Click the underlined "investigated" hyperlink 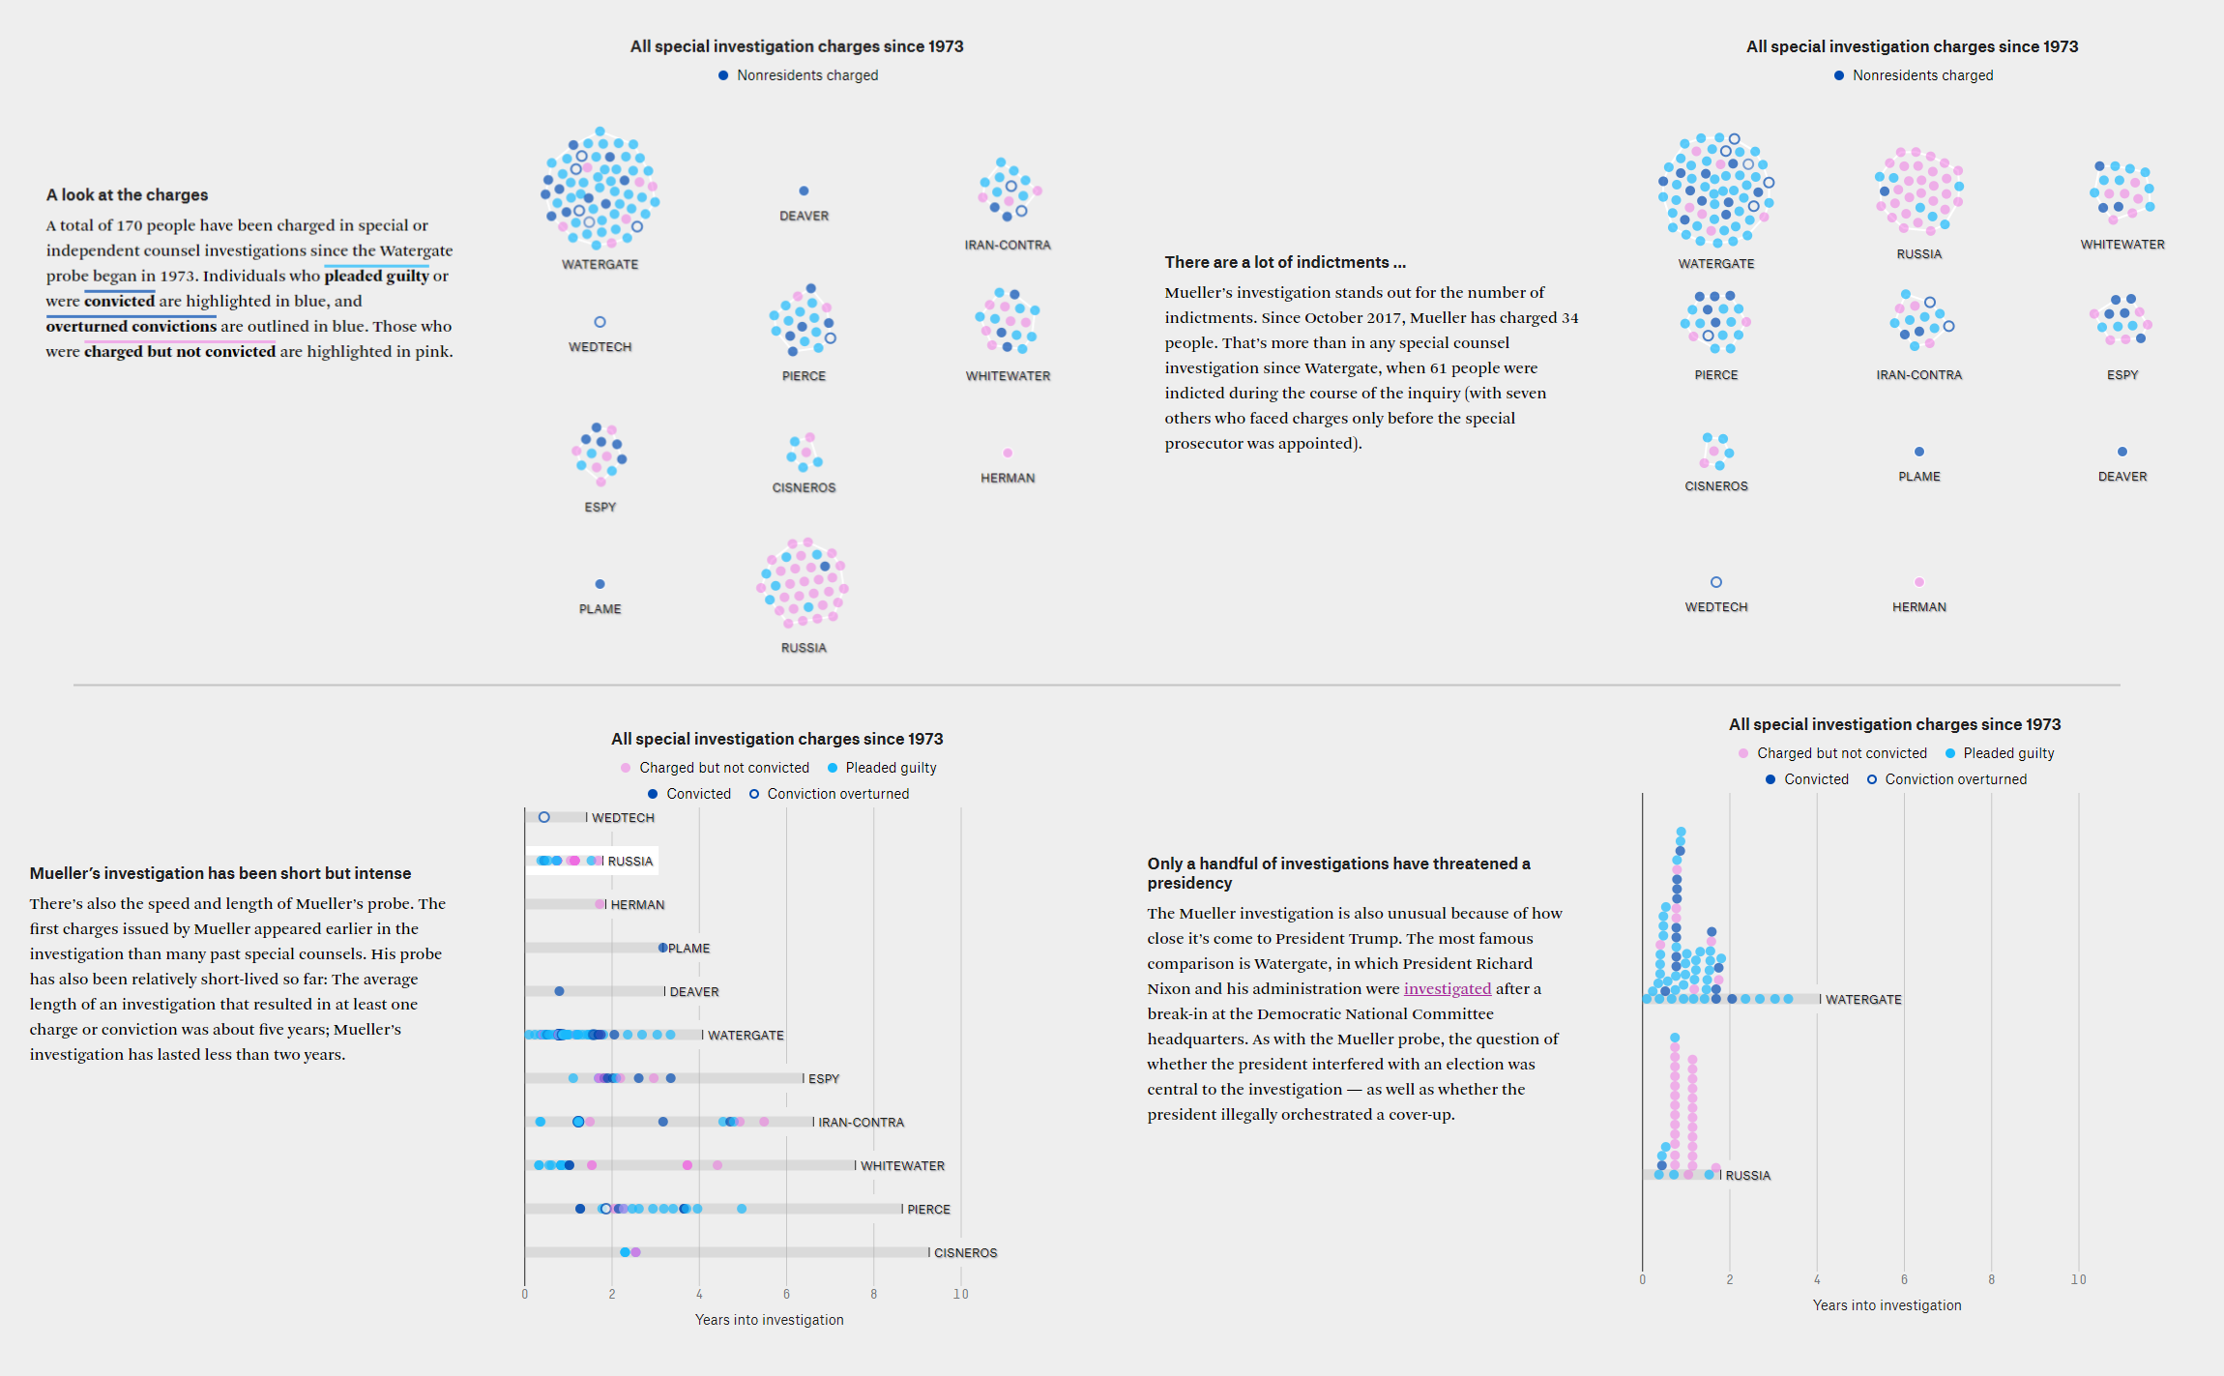click(1447, 988)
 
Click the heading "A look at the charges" click(127, 194)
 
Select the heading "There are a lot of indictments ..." click(1284, 262)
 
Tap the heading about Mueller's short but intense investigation click(219, 873)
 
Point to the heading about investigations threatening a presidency click(1337, 872)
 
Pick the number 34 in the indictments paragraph click(1569, 317)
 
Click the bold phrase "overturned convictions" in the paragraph click(131, 326)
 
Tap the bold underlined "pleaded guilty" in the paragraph click(376, 276)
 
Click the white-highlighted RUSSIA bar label click(630, 861)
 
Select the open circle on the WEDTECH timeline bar click(544, 817)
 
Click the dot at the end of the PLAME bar click(662, 948)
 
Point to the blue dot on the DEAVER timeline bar click(559, 991)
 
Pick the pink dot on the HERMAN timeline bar click(600, 904)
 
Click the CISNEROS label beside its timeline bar click(965, 1252)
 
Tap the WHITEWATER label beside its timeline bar click(902, 1165)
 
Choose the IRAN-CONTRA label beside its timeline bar click(861, 1122)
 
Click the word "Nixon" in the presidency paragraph click(1168, 988)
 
